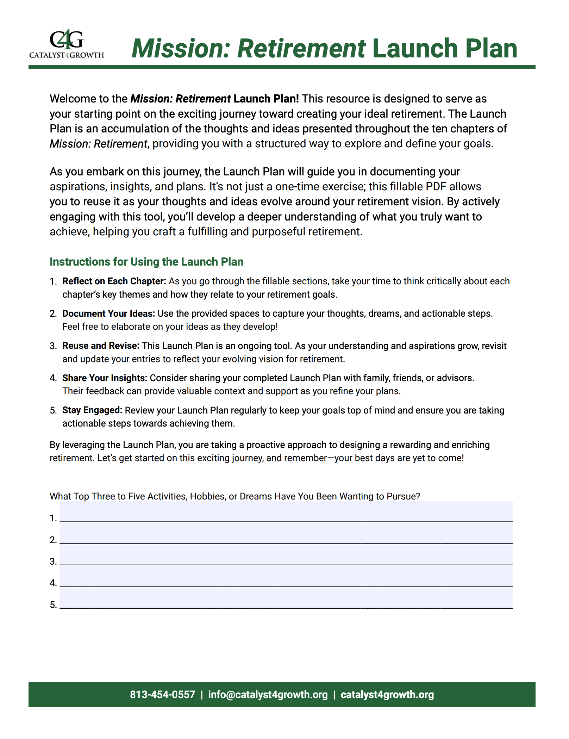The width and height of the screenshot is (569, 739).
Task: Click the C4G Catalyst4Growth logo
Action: click(x=67, y=44)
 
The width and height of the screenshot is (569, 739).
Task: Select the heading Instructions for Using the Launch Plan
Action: click(x=146, y=262)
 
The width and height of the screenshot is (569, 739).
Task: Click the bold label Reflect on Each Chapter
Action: click(x=114, y=281)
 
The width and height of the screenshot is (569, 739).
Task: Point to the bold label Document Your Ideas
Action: click(x=108, y=313)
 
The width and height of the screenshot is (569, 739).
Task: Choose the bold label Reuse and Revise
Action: click(x=101, y=346)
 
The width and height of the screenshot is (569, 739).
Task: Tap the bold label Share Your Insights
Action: click(x=105, y=378)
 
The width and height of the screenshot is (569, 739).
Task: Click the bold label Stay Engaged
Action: click(x=92, y=410)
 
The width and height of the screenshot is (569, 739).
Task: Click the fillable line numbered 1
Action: click(x=286, y=513)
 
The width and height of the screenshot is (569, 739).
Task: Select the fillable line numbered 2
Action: click(x=286, y=534)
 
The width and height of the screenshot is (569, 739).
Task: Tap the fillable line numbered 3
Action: click(x=286, y=556)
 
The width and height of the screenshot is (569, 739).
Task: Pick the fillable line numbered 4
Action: click(x=286, y=578)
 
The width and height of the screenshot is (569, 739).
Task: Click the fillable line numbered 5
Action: click(x=286, y=599)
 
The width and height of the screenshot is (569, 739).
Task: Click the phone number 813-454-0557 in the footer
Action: click(x=162, y=694)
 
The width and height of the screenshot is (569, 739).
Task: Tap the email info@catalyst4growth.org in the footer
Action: click(x=268, y=694)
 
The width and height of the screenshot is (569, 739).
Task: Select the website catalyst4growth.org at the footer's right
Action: click(x=387, y=694)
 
